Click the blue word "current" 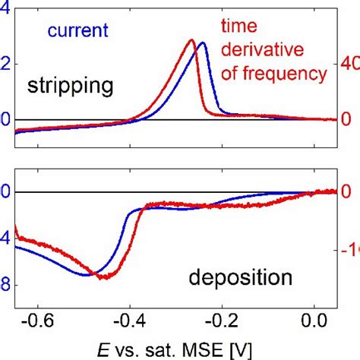click(x=77, y=31)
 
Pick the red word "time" click(x=236, y=27)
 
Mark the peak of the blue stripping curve click(x=202, y=43)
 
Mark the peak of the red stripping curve click(x=191, y=40)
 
